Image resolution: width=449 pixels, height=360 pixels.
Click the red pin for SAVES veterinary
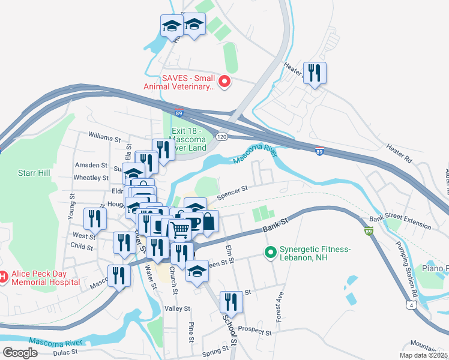point(224,81)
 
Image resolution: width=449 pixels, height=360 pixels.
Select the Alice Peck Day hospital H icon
point(2,277)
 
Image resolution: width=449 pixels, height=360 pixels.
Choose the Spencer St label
point(232,191)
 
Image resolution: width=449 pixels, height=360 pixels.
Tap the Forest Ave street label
point(280,307)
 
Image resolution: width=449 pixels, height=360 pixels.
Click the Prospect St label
point(255,329)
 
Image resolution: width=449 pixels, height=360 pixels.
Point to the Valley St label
point(177,308)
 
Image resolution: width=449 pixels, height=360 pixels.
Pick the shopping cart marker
point(180,229)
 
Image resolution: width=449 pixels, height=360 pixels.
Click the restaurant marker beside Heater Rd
point(315,73)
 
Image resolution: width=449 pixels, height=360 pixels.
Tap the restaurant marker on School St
point(231,301)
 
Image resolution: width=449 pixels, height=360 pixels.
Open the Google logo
point(20,353)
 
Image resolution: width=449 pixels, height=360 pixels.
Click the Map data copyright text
point(423,355)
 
